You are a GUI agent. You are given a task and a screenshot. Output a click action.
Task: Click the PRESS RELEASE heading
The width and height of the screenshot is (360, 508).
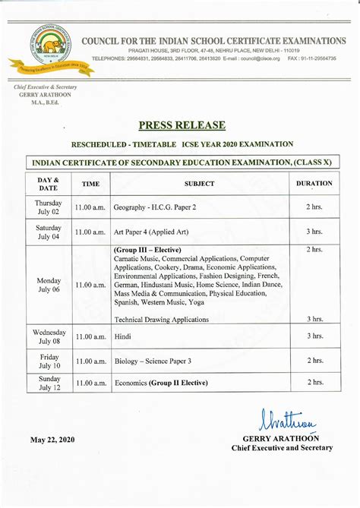182,125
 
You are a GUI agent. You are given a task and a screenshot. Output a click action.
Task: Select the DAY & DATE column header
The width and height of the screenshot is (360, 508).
49,183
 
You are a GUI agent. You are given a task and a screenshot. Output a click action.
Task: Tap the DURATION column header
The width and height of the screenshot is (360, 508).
314,183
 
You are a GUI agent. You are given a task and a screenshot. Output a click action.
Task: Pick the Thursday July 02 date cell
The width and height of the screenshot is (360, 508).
49,207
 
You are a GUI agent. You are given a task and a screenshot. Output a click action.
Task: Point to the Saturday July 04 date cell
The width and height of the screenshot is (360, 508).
49,232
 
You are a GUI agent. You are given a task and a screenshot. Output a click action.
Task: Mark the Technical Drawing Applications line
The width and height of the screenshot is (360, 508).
162,320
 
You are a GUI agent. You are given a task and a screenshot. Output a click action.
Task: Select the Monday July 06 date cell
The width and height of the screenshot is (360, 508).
49,284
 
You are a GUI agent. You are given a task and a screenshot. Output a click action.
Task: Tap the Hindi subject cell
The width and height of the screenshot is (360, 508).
122,336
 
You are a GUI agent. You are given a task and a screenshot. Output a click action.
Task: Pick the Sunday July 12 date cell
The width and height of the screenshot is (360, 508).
49,384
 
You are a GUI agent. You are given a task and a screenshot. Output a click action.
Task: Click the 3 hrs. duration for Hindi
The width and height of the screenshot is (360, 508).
314,336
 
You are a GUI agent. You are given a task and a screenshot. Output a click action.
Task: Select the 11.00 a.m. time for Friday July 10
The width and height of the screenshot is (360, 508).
90,361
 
